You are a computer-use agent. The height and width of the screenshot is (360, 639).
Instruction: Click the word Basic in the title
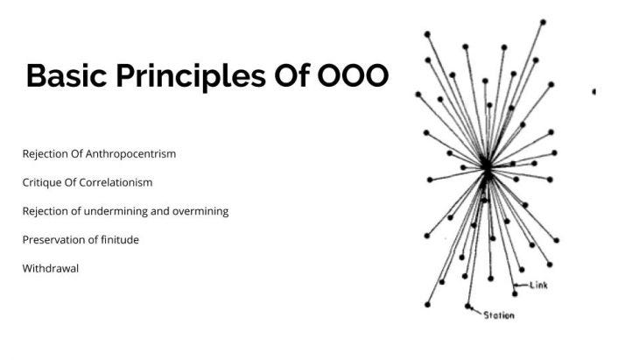tap(64, 76)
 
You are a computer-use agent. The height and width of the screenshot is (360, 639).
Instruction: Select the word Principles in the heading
tap(177, 76)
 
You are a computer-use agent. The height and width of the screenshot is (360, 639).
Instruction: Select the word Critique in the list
tap(40, 182)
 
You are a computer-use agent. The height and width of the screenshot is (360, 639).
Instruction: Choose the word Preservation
tap(51, 240)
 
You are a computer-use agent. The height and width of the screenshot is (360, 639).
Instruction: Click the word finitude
tap(118, 240)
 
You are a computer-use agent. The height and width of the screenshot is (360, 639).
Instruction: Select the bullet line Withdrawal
tap(51, 269)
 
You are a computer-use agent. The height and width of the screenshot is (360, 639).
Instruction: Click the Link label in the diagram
tap(538, 285)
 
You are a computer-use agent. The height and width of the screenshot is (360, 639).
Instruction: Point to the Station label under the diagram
tap(499, 315)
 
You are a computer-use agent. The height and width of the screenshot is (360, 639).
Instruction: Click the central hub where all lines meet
tap(487, 166)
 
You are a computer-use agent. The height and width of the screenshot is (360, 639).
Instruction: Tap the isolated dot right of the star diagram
tap(594, 91)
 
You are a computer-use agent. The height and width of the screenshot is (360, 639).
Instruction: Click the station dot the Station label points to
tap(468, 306)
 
